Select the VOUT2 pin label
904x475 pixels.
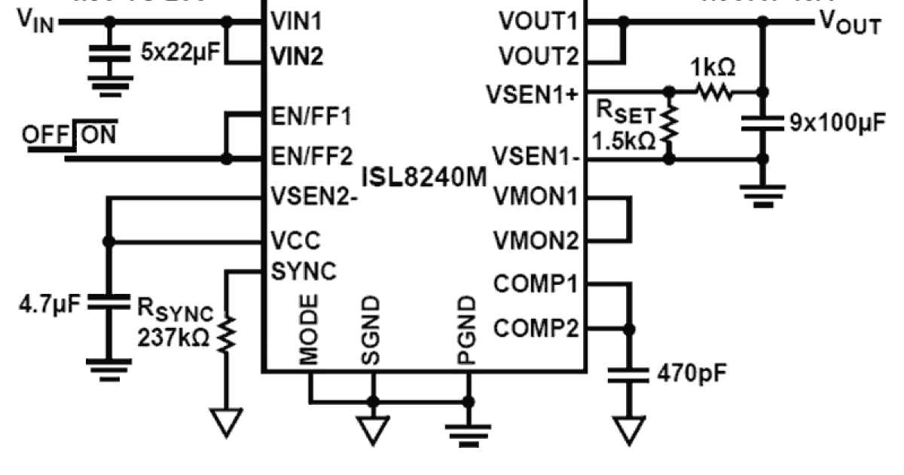click(x=538, y=57)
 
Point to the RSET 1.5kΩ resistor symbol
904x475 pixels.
click(x=669, y=125)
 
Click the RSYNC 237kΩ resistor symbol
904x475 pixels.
click(x=227, y=332)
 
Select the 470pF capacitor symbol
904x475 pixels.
click(x=628, y=374)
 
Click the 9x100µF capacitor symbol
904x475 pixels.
click(x=762, y=123)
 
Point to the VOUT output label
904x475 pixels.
click(x=848, y=24)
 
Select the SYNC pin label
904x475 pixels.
click(x=304, y=270)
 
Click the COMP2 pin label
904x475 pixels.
click(x=536, y=329)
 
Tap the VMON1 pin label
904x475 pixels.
click(x=536, y=198)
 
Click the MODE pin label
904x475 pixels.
click(x=309, y=329)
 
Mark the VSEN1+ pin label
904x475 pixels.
click(x=533, y=93)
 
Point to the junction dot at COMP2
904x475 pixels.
click(x=628, y=329)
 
